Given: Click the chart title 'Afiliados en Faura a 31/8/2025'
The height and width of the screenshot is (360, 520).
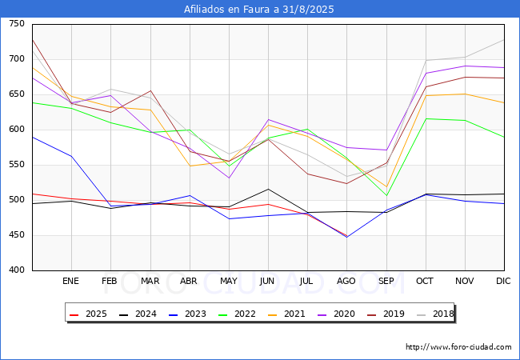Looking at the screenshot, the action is [258, 10].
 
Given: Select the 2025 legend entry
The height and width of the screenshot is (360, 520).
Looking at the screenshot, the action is [89, 314].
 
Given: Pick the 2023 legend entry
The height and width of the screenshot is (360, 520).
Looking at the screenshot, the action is [188, 314].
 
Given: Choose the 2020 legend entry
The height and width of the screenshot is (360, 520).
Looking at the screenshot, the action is [337, 314].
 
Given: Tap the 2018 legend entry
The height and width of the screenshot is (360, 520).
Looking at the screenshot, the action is [435, 314].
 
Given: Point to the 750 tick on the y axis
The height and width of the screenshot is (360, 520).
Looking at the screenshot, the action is [17, 23].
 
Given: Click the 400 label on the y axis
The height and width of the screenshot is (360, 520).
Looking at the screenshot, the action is [17, 270].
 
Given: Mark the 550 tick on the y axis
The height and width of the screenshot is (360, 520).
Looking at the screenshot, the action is [17, 165].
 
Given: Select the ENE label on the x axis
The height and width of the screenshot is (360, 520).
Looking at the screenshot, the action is [70, 281].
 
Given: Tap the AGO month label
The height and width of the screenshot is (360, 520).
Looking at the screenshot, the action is [346, 281].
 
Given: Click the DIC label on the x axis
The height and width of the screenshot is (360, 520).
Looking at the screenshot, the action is [503, 281].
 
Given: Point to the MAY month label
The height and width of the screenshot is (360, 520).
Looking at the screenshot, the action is [229, 281].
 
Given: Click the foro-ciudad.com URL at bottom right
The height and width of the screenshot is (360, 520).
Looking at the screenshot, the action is [458, 346].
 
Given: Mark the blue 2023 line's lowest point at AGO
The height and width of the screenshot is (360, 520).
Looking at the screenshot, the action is [347, 237].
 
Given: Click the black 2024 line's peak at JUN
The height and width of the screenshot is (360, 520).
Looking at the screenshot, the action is [268, 189].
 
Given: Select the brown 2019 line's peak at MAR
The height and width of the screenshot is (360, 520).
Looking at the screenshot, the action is [150, 90].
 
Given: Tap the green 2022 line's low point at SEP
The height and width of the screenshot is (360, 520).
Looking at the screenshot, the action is [386, 195].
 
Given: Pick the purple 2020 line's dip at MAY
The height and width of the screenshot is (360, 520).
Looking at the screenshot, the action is [229, 178].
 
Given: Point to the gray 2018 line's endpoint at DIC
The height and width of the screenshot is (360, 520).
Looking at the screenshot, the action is [504, 40].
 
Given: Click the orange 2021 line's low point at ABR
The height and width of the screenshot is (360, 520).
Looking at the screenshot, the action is [190, 166].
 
